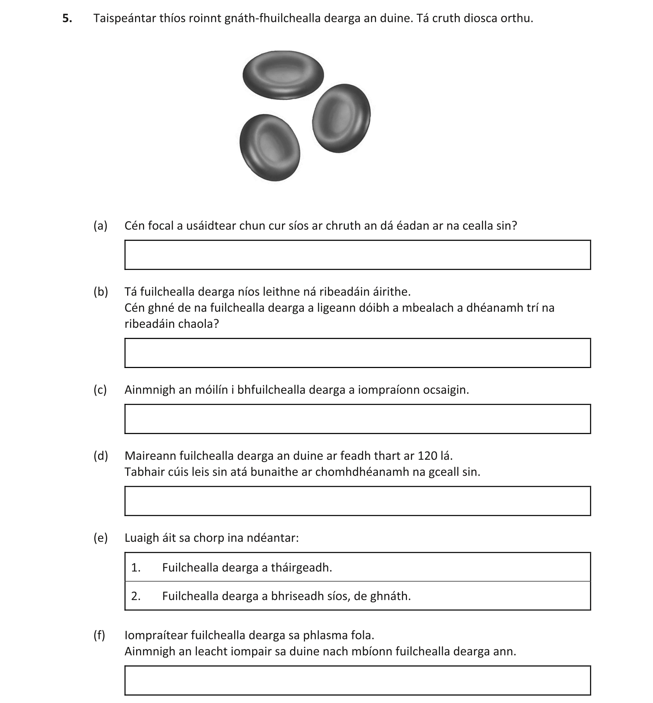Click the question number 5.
pos(67,18)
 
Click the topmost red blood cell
pos(283,75)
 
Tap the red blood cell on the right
pos(341,118)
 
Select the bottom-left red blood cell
pos(270,148)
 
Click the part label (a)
pos(100,226)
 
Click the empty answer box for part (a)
pos(357,255)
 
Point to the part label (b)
pos(101,292)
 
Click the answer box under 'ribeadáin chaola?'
pos(357,353)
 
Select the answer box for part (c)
pos(357,419)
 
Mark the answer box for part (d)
pos(357,501)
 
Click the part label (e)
pos(100,538)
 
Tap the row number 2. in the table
pos(136,596)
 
